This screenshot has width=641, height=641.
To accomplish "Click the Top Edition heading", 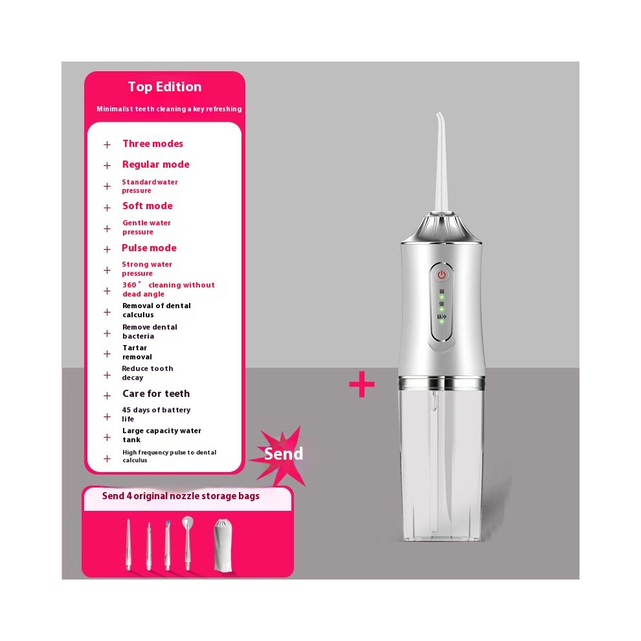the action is click(164, 87).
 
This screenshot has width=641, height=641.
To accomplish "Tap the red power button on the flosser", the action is click(442, 275).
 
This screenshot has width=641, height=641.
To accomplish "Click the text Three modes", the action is click(153, 144).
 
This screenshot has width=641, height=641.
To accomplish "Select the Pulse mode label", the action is click(149, 248).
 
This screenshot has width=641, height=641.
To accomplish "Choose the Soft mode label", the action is click(148, 206).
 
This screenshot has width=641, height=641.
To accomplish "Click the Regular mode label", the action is click(156, 164).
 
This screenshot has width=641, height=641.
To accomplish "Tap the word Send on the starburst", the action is click(284, 453).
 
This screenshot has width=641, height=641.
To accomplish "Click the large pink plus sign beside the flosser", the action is click(362, 384).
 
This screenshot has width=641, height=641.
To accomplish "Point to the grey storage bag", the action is click(223, 545).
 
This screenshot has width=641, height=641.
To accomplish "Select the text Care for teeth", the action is click(156, 394).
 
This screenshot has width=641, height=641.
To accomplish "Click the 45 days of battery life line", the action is click(156, 414).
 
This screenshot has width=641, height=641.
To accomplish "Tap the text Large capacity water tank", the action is click(162, 435).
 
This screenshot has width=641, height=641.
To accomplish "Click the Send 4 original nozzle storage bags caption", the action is click(181, 496).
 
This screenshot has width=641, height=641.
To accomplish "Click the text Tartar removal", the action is click(137, 352).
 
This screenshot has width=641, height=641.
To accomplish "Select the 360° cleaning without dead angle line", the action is click(168, 289).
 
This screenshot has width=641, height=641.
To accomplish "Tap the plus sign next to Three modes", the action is click(107, 145).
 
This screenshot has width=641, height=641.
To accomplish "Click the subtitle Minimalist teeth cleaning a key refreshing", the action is click(169, 109).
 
